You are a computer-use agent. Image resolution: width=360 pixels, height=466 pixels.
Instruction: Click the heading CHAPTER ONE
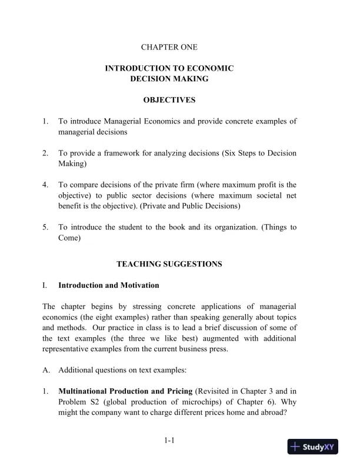[x=169, y=46]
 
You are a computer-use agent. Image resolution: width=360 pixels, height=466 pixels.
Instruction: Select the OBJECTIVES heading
[x=169, y=100]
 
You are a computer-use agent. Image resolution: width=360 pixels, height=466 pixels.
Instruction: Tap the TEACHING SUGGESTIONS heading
[x=169, y=264]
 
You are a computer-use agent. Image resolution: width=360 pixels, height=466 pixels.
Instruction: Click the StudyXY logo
[x=312, y=446]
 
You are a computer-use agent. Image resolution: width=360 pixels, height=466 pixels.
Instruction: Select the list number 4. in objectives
[x=45, y=185]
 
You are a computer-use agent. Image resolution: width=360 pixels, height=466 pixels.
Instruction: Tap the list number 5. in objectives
[x=45, y=227]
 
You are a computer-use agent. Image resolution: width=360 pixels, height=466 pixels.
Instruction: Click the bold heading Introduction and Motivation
[x=108, y=285]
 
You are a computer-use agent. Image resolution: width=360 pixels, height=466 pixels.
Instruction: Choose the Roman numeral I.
[x=45, y=285]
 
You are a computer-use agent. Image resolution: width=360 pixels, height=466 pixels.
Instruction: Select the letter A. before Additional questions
[x=46, y=370]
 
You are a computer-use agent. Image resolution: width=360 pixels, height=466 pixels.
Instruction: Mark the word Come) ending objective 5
[x=69, y=238]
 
